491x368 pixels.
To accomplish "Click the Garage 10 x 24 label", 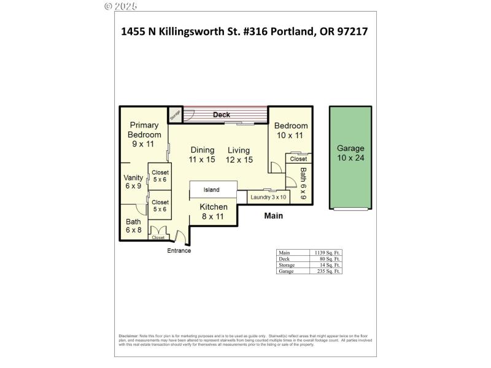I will coord(350,153).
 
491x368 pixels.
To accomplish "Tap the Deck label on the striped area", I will coord(222,115).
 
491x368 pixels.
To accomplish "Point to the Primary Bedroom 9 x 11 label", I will coord(144,134).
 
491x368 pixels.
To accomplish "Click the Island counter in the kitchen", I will coord(211,190).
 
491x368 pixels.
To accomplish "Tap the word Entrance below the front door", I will coord(179,251).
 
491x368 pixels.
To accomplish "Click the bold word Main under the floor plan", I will coord(273,216).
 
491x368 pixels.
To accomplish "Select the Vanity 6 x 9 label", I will coord(133,182).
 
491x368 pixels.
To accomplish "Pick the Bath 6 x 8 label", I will coord(133,226).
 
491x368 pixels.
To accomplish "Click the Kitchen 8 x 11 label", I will coord(214,212).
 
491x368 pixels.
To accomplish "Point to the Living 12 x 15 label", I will coord(239,155).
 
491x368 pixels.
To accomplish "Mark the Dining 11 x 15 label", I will coord(202,155).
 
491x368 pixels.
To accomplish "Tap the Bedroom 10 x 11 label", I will coord(290,130).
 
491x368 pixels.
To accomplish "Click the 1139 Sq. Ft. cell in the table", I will coord(327,253).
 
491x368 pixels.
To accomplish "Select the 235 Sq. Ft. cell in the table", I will coord(327,270).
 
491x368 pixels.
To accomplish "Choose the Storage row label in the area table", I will coord(287,265).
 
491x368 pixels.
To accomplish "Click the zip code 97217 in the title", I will coord(352,32).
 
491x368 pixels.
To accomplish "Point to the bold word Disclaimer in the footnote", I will coord(128,337).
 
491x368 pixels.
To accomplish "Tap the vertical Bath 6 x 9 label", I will coord(303,185).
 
